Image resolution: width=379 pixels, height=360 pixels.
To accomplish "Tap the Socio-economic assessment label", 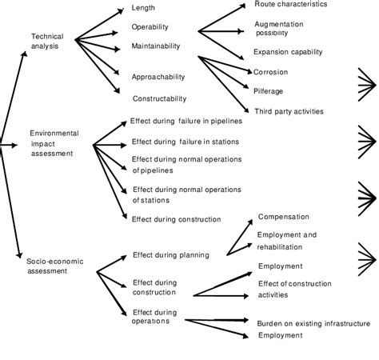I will click(x=47, y=266).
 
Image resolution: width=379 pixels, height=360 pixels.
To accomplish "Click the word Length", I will click(x=145, y=9).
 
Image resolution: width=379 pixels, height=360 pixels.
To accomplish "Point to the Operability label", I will click(x=150, y=27).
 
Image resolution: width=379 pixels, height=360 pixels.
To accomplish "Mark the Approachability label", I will click(x=158, y=77).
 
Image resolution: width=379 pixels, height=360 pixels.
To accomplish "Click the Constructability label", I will click(x=159, y=98).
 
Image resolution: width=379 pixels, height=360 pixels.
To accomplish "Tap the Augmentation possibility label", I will click(x=291, y=29).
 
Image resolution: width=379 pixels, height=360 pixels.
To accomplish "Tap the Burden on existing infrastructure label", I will click(x=313, y=323).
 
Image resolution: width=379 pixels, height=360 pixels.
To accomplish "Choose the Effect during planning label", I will click(x=170, y=255).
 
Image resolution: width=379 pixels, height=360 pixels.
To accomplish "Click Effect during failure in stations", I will click(x=184, y=142).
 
